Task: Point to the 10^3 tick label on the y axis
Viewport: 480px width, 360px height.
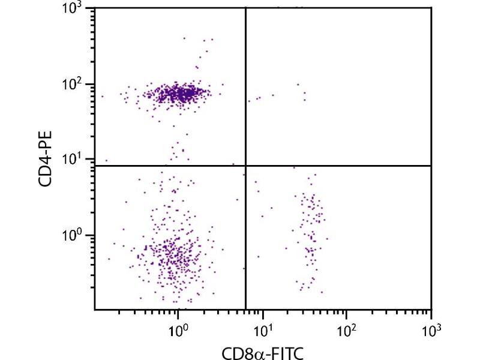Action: [74, 9]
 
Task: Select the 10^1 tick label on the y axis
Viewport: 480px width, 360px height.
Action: [74, 160]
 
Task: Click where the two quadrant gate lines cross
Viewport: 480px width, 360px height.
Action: [246, 166]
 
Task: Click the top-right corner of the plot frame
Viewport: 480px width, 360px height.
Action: [431, 8]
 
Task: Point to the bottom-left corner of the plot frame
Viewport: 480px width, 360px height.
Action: [95, 310]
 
